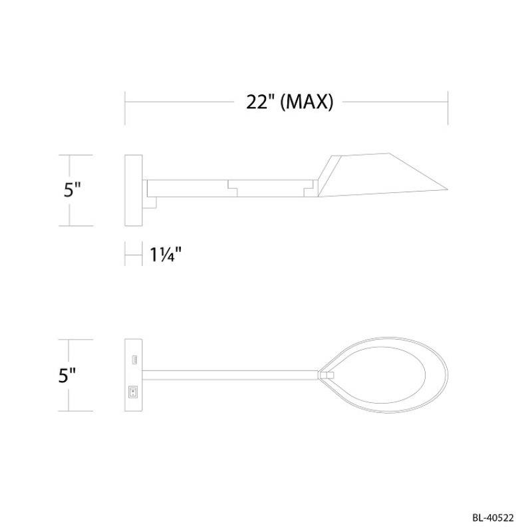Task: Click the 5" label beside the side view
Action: (x=72, y=190)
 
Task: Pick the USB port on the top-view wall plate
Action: (x=134, y=360)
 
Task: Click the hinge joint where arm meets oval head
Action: (x=325, y=376)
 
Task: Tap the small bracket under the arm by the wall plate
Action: (x=151, y=200)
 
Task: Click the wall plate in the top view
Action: (x=134, y=376)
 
